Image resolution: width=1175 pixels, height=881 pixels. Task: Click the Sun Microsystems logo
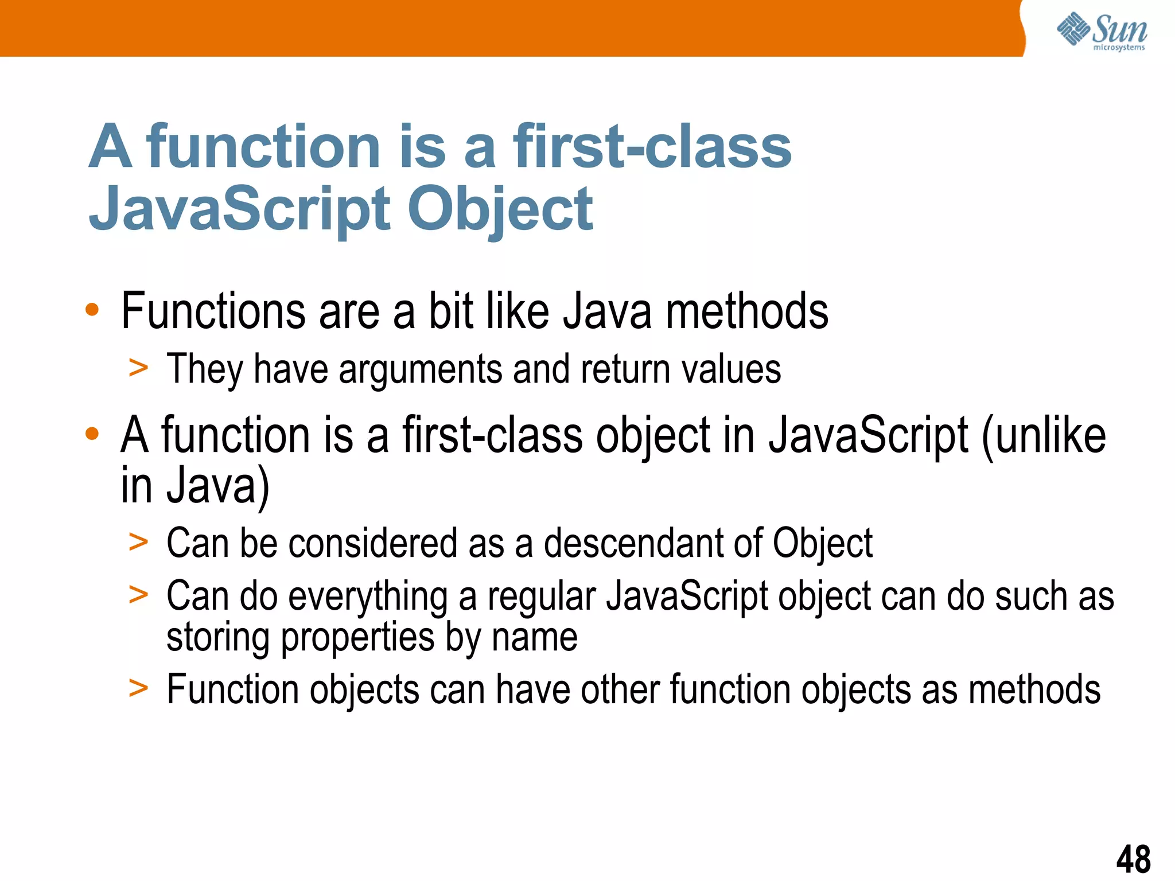(1102, 32)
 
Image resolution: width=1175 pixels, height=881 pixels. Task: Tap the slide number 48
(1133, 859)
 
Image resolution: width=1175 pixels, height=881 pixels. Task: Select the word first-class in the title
(652, 147)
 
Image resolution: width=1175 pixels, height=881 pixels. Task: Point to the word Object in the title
(500, 210)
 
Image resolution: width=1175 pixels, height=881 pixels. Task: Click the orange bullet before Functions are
(92, 310)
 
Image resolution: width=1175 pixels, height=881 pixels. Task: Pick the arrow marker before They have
(138, 368)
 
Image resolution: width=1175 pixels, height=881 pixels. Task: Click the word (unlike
(1044, 435)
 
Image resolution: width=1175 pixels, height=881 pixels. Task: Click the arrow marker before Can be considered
(138, 541)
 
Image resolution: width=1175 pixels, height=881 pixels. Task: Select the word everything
(368, 597)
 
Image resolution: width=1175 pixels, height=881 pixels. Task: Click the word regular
(542, 597)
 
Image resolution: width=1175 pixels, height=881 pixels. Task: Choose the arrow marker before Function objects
(138, 688)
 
